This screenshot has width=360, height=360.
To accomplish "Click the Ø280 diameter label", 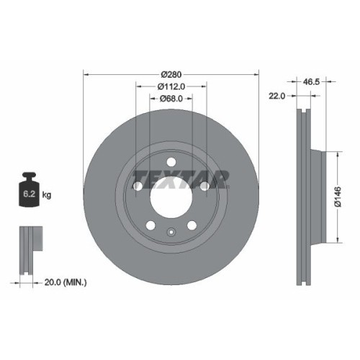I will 171,73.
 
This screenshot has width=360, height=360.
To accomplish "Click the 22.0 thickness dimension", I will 277,95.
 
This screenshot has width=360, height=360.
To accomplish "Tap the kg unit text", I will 47,194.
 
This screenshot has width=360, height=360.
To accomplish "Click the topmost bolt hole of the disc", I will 171,161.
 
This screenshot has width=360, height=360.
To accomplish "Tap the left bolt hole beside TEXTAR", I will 137,186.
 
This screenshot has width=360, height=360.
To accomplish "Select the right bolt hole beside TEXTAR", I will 204,186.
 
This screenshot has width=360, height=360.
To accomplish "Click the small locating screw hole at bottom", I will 171,232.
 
